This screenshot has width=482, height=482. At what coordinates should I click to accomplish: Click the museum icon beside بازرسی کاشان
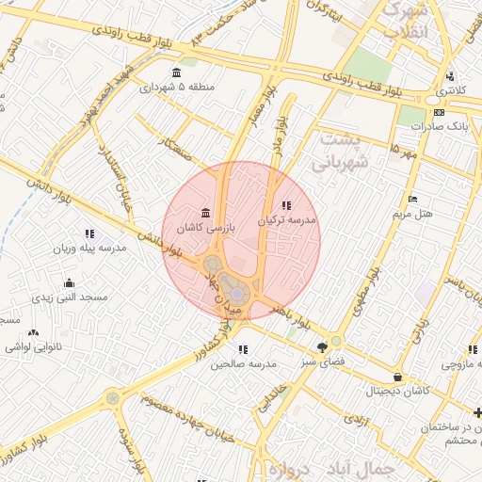[x=205, y=214]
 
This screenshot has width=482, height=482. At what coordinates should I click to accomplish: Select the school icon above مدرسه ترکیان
[x=286, y=204]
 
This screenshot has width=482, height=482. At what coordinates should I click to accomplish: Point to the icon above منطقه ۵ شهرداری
[x=176, y=72]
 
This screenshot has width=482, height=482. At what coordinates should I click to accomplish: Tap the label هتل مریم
[x=412, y=214]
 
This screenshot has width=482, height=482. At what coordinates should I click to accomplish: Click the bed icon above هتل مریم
[x=411, y=200]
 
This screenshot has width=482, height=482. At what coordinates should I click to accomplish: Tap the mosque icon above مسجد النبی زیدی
[x=68, y=282]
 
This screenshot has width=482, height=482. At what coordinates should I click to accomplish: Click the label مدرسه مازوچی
[x=461, y=362]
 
